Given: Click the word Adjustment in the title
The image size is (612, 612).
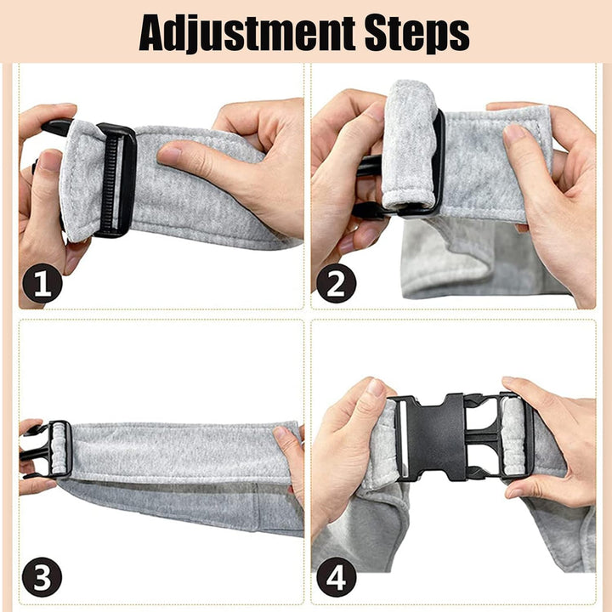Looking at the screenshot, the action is (x=246, y=33).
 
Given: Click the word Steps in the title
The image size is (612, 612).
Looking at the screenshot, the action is (x=416, y=34).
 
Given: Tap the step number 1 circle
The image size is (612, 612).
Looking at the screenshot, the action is (x=42, y=283).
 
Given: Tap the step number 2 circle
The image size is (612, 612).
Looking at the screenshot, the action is (x=336, y=283).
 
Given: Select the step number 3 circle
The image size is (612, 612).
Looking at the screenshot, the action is (x=42, y=577).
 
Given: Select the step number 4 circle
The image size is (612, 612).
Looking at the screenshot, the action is (x=336, y=577).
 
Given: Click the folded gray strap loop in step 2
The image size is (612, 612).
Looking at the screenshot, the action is (x=409, y=145).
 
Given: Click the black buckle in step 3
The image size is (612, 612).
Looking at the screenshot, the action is (x=46, y=450).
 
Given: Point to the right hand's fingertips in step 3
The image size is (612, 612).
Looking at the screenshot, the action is (x=282, y=433).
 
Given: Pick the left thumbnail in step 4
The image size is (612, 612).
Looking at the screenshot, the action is (x=376, y=388).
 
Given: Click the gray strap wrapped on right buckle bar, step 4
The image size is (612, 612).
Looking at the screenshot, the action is (x=513, y=436).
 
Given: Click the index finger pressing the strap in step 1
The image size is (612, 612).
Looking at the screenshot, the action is (x=203, y=157).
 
